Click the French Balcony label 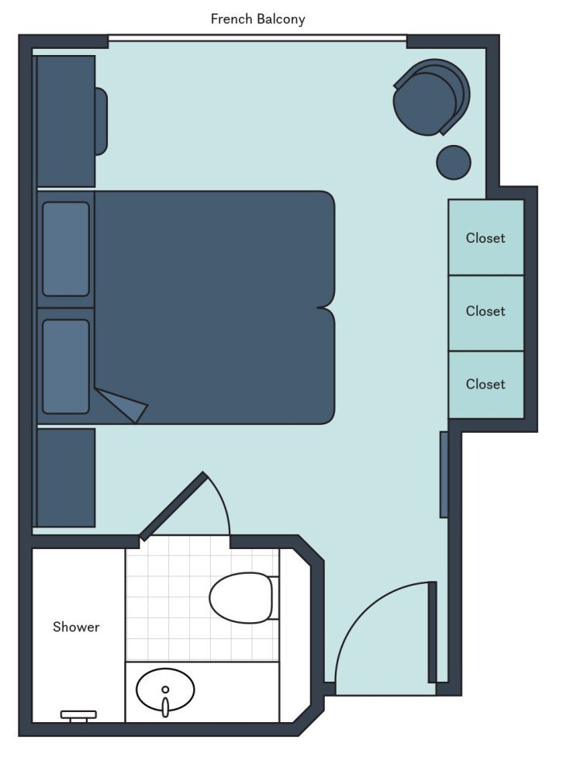[x=258, y=19]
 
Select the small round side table [x=454, y=162]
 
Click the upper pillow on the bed [x=66, y=249]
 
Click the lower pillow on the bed [x=66, y=366]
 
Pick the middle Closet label [x=485, y=311]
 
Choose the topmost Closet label [x=485, y=238]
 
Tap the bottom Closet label [x=485, y=384]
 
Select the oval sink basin [x=165, y=689]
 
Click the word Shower [x=76, y=627]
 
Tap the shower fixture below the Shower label [x=78, y=715]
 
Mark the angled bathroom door [x=173, y=505]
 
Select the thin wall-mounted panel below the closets [x=444, y=474]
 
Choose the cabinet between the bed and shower [x=66, y=477]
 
